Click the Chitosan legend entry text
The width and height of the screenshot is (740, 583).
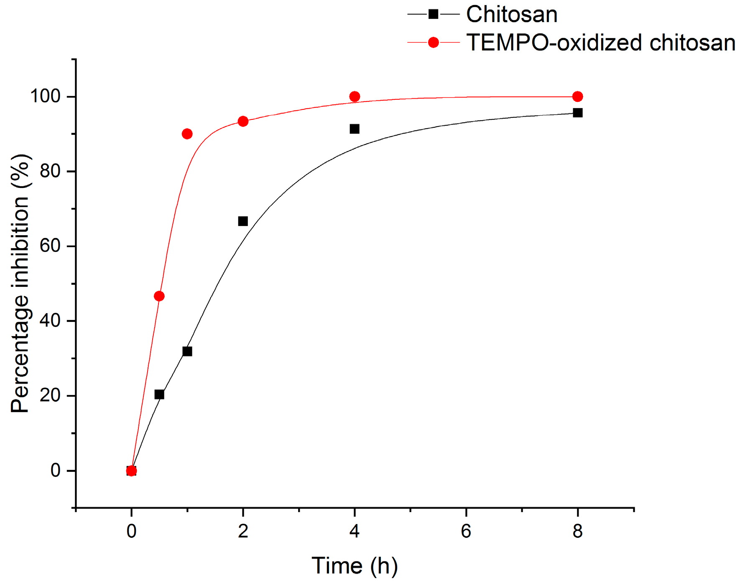tap(511, 15)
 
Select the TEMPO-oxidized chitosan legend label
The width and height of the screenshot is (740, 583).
tap(600, 43)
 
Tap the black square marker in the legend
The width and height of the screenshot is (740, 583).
tap(434, 15)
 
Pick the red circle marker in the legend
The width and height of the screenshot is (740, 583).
tap(434, 43)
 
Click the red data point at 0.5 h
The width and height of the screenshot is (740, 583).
tap(159, 296)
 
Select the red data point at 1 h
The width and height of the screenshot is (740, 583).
tap(187, 134)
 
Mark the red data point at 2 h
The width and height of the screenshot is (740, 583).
tap(243, 122)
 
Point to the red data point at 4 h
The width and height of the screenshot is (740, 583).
tap(355, 97)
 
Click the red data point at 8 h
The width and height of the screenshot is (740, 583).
tap(577, 97)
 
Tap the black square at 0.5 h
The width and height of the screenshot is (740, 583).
tap(159, 395)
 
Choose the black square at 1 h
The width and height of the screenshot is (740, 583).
tap(187, 351)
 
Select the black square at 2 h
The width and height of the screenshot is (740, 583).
tap(243, 221)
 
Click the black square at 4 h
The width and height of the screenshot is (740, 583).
tap(355, 129)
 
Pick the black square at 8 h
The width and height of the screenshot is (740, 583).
tap(577, 113)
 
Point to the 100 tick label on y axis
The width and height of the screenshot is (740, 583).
tap(45, 96)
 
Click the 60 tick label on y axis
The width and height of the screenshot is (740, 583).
tap(50, 246)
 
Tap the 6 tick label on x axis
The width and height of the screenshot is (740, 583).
tap(466, 531)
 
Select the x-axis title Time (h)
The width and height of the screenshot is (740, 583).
tap(355, 566)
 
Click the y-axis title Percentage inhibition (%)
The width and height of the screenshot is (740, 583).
tap(20, 284)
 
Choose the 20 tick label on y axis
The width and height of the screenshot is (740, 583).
tap(50, 395)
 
